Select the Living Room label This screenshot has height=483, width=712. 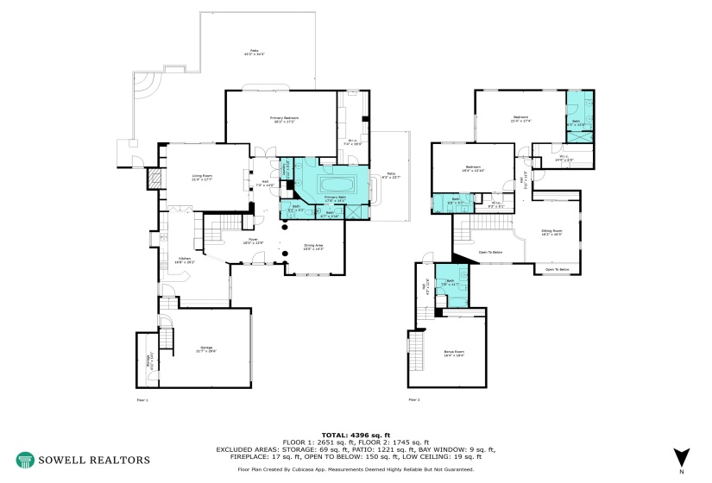[x=203, y=177]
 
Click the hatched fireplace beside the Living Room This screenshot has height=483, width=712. [x=155, y=179]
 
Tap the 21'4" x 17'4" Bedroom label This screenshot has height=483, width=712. [x=520, y=118]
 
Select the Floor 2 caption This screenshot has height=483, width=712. [x=414, y=400]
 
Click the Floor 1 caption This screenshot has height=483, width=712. [x=142, y=400]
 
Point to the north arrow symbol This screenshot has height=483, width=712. [x=682, y=458]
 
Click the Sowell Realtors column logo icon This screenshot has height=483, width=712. [x=25, y=460]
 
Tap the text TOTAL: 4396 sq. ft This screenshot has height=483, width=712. [x=356, y=436]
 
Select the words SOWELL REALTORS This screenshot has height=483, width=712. [x=94, y=460]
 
